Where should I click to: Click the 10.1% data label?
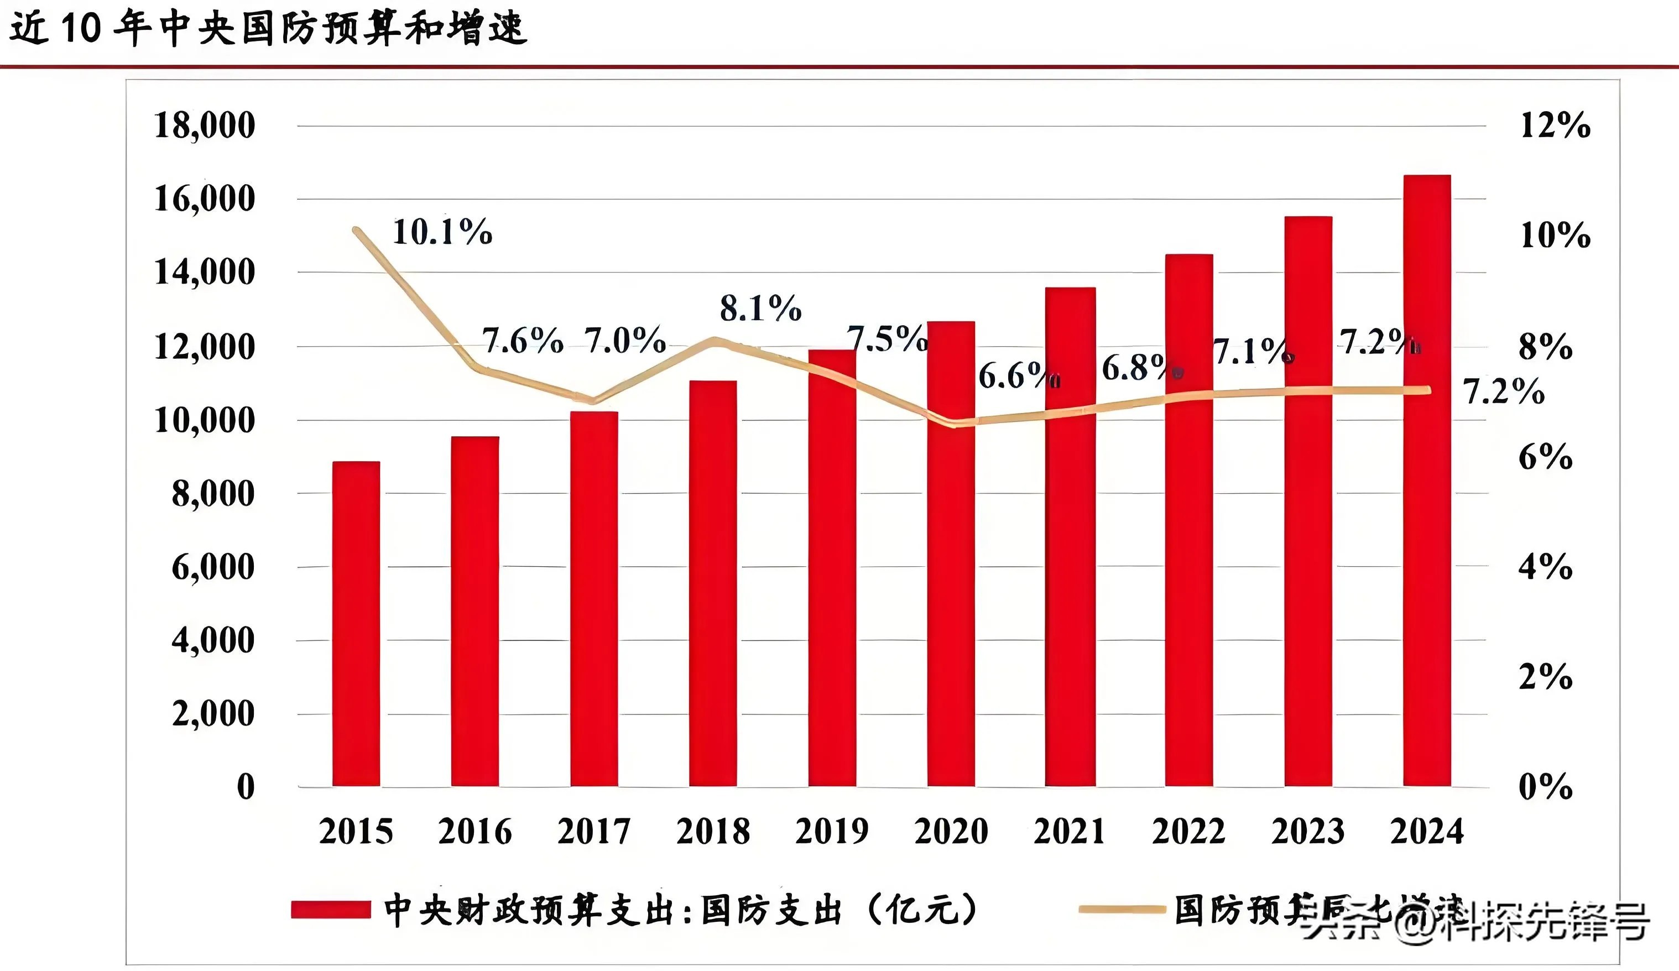(442, 232)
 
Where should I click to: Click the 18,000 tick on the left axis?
(205, 125)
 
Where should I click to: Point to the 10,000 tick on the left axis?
(205, 420)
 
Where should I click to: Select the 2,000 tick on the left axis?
(213, 714)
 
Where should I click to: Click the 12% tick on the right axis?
(1555, 125)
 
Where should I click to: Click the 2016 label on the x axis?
(475, 832)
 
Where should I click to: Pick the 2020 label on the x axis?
(951, 832)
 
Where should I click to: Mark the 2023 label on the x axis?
(1308, 832)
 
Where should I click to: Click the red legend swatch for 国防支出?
(331, 910)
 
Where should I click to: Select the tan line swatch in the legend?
(1122, 910)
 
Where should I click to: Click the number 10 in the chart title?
(81, 29)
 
